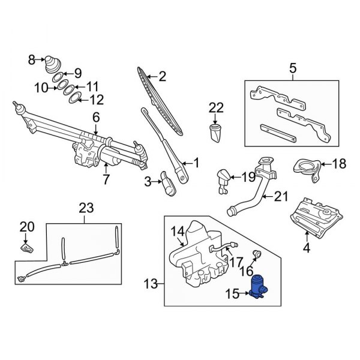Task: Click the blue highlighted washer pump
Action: click(x=261, y=286)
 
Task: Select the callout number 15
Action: click(x=231, y=293)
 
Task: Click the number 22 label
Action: click(x=216, y=107)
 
